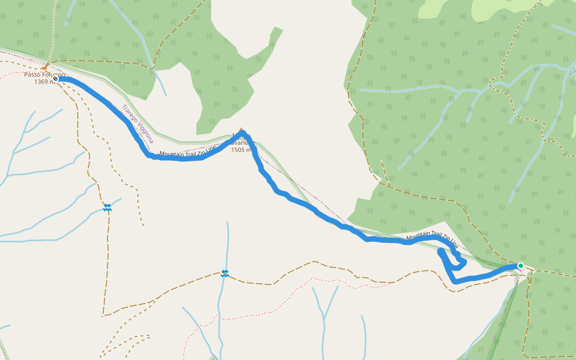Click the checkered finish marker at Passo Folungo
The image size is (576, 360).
point(55,79)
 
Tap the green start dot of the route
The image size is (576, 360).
point(520,266)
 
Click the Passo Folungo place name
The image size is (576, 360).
point(45,74)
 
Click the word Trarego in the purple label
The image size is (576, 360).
point(129,116)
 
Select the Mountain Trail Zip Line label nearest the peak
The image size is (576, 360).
point(188,153)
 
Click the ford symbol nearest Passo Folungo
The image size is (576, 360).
point(107,207)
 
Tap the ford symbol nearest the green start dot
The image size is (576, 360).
point(224,273)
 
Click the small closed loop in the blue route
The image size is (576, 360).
point(458,262)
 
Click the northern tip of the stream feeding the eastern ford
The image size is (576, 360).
point(227,223)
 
